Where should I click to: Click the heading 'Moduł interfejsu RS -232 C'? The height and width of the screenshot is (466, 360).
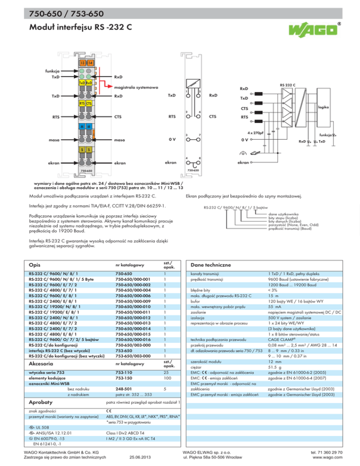point(77,27)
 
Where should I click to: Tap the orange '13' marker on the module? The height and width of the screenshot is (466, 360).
point(82,63)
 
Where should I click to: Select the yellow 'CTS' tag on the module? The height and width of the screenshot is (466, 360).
point(89,103)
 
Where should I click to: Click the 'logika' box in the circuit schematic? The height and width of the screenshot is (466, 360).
point(336,107)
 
